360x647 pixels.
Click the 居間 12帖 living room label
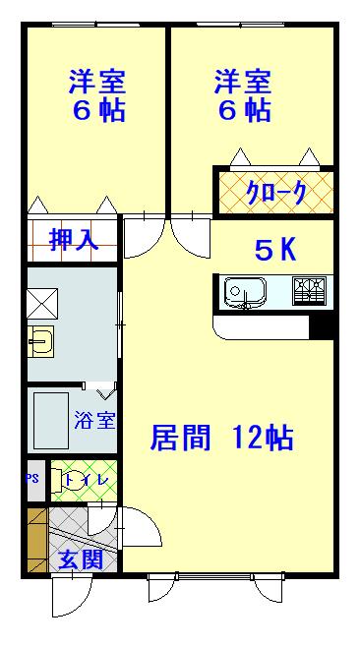(x=221, y=438)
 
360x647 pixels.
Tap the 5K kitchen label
(x=275, y=251)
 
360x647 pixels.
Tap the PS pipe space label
(x=33, y=481)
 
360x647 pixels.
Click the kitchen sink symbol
(x=243, y=291)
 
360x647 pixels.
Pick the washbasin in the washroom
(x=41, y=342)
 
